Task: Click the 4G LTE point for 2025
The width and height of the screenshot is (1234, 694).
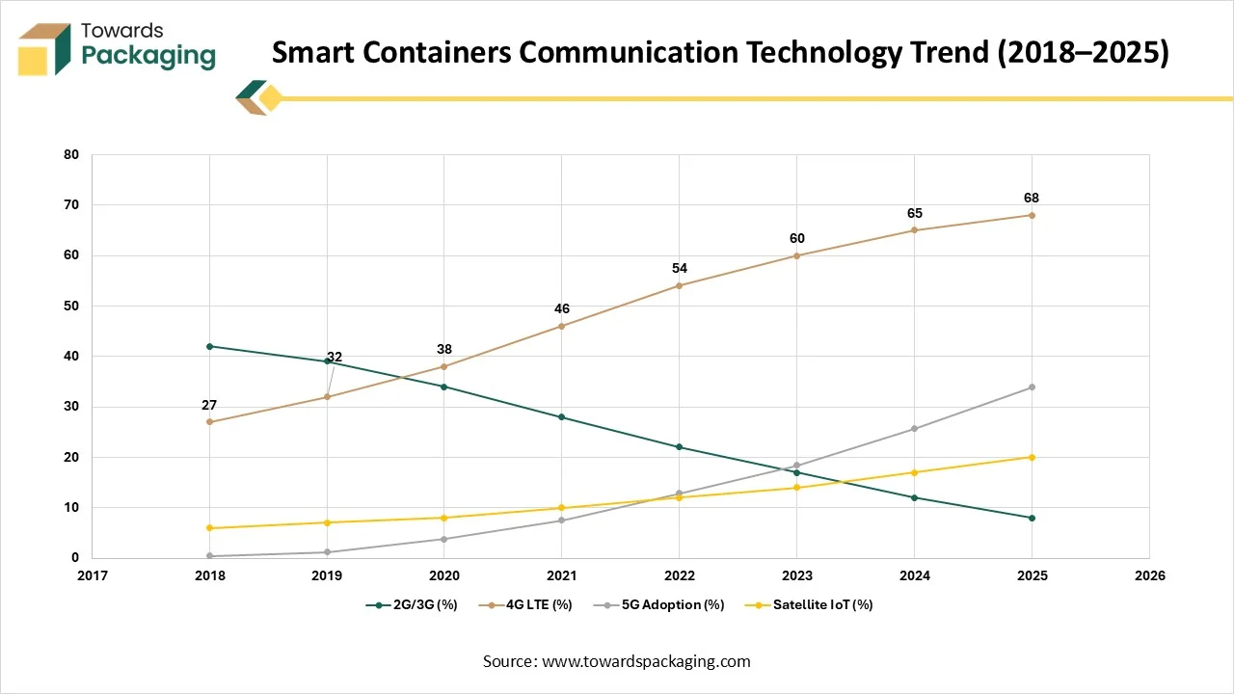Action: [x=1032, y=215]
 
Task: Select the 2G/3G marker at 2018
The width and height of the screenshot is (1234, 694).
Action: [x=210, y=346]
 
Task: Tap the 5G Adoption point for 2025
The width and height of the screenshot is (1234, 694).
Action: [x=1032, y=387]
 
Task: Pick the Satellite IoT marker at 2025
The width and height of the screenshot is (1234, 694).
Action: [x=1032, y=457]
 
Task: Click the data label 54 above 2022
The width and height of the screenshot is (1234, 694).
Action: [x=680, y=268]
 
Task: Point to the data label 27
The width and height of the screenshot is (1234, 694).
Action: [x=209, y=405]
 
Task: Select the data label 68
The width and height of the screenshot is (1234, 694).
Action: [x=1032, y=199]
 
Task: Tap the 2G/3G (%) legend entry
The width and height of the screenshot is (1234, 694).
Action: [x=416, y=604]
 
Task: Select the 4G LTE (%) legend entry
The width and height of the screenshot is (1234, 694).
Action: [x=539, y=604]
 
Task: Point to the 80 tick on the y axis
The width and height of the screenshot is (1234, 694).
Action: [x=71, y=154]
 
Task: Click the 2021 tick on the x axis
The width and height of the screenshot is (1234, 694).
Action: [x=562, y=575]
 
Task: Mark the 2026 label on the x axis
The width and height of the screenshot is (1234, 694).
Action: [x=1149, y=575]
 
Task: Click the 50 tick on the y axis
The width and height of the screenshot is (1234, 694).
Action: [x=71, y=306]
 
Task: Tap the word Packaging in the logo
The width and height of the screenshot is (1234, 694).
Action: [x=148, y=56]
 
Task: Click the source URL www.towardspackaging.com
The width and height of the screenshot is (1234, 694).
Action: [x=645, y=661]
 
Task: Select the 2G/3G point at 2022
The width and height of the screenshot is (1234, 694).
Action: [x=680, y=446]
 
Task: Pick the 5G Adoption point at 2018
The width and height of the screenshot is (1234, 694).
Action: [x=210, y=555]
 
